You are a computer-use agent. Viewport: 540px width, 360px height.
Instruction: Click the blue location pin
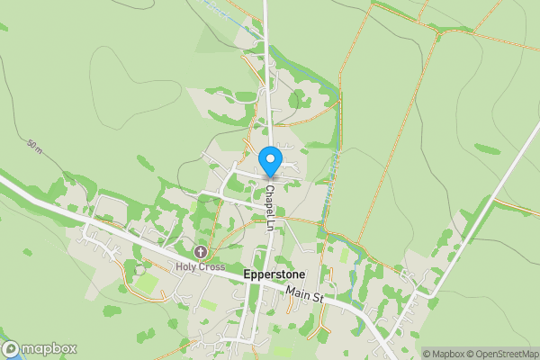(x=270, y=162)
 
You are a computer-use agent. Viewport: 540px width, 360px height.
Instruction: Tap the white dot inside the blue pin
(x=270, y=159)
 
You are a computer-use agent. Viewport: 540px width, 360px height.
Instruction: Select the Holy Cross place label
(x=199, y=266)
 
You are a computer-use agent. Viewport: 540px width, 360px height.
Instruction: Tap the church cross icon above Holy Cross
(x=199, y=253)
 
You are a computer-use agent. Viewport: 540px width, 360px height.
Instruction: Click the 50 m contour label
(x=35, y=146)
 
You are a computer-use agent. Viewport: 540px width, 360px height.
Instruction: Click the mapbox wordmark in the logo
(x=49, y=349)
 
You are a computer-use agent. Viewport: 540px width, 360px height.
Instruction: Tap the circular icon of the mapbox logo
(x=10, y=349)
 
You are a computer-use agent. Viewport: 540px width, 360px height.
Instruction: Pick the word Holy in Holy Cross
(x=186, y=266)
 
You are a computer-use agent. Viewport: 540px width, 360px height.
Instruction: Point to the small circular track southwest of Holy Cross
(x=139, y=269)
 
